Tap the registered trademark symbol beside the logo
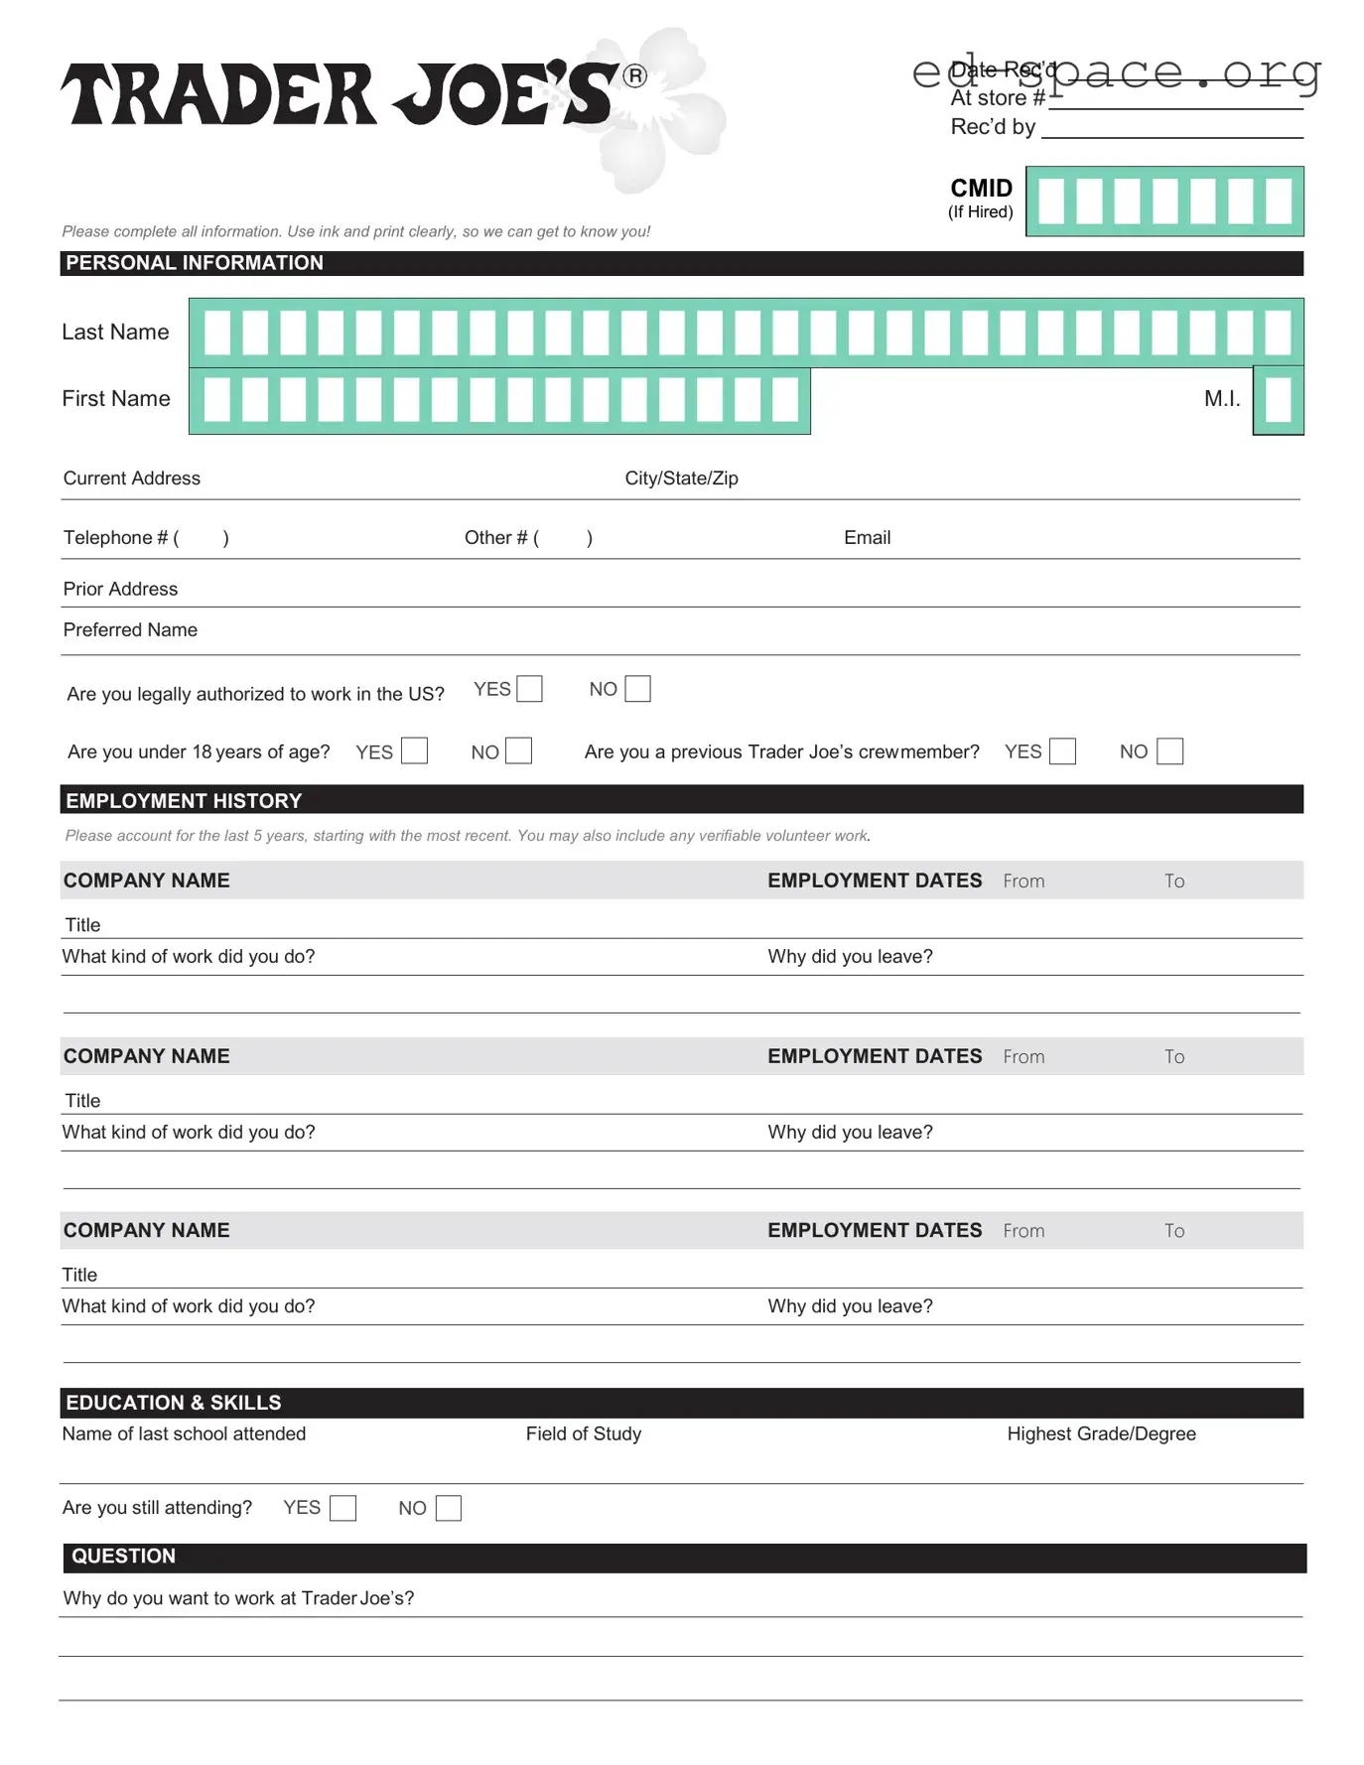(x=634, y=76)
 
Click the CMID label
(x=981, y=189)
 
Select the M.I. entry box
(x=1278, y=401)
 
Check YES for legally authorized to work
(x=530, y=689)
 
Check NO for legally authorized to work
(x=637, y=689)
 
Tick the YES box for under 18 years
(x=414, y=750)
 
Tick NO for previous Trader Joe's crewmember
(x=1170, y=750)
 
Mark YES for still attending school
(x=342, y=1508)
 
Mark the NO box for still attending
(x=449, y=1508)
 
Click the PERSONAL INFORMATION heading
(x=195, y=263)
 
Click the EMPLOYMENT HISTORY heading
(x=184, y=800)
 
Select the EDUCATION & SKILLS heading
(x=174, y=1403)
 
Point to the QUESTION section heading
(x=123, y=1557)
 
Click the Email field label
(x=867, y=537)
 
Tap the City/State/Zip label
(x=681, y=478)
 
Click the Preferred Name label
(x=130, y=629)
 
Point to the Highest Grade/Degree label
(x=1101, y=1433)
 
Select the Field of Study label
(x=584, y=1433)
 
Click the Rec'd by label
(x=993, y=127)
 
